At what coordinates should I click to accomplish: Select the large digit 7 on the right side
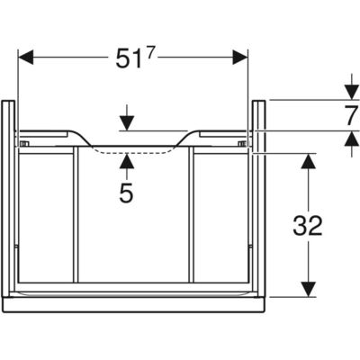click(x=351, y=115)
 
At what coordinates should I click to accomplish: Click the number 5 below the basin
click(x=126, y=193)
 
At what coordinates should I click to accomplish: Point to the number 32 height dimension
click(x=308, y=225)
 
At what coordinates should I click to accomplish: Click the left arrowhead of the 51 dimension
click(x=26, y=57)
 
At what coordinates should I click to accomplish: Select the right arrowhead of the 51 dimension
click(x=240, y=57)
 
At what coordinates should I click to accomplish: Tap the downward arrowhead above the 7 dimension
click(x=352, y=92)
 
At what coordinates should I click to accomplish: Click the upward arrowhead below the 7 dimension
click(x=352, y=139)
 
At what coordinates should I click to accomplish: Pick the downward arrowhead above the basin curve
click(x=127, y=123)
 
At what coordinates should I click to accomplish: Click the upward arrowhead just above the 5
click(x=127, y=161)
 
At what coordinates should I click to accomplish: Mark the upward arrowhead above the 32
click(x=309, y=161)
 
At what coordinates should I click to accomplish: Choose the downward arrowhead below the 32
click(x=309, y=290)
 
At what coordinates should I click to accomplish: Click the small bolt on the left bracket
click(x=24, y=144)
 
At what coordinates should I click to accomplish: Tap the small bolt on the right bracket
click(x=242, y=144)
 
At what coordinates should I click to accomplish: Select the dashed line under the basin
click(x=130, y=153)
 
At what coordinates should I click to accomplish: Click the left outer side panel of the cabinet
click(x=8, y=199)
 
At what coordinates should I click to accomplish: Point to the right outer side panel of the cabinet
click(x=259, y=199)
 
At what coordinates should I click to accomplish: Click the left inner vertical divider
click(x=76, y=214)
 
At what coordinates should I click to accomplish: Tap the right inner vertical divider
click(x=192, y=214)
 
